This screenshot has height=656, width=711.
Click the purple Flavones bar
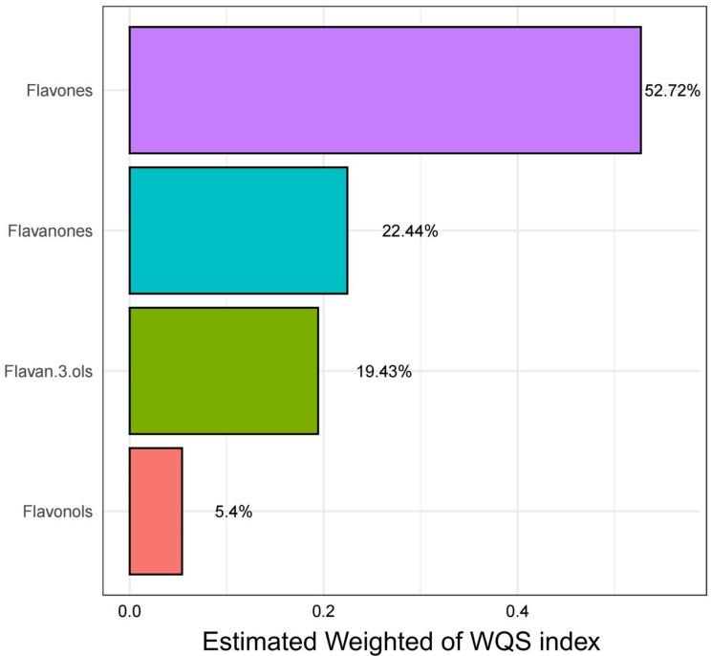[x=384, y=90]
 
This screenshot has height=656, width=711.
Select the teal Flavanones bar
[x=238, y=230]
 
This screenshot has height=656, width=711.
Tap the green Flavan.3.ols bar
[x=224, y=371]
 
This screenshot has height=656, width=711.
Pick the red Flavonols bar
[x=156, y=512]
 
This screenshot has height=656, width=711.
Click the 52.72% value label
[x=674, y=91]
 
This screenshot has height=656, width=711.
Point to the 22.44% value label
[x=409, y=231]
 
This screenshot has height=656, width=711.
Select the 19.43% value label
[x=383, y=371]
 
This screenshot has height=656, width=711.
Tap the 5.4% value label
[x=233, y=512]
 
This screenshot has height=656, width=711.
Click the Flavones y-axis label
[x=61, y=91]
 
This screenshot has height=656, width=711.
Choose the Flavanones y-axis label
[x=50, y=230]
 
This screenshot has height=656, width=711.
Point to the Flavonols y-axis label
[x=56, y=512]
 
